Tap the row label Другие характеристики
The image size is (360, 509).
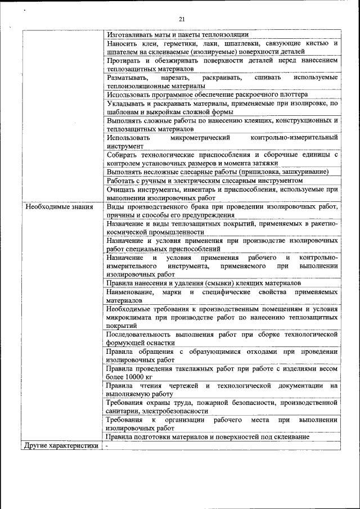click(x=58, y=446)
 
